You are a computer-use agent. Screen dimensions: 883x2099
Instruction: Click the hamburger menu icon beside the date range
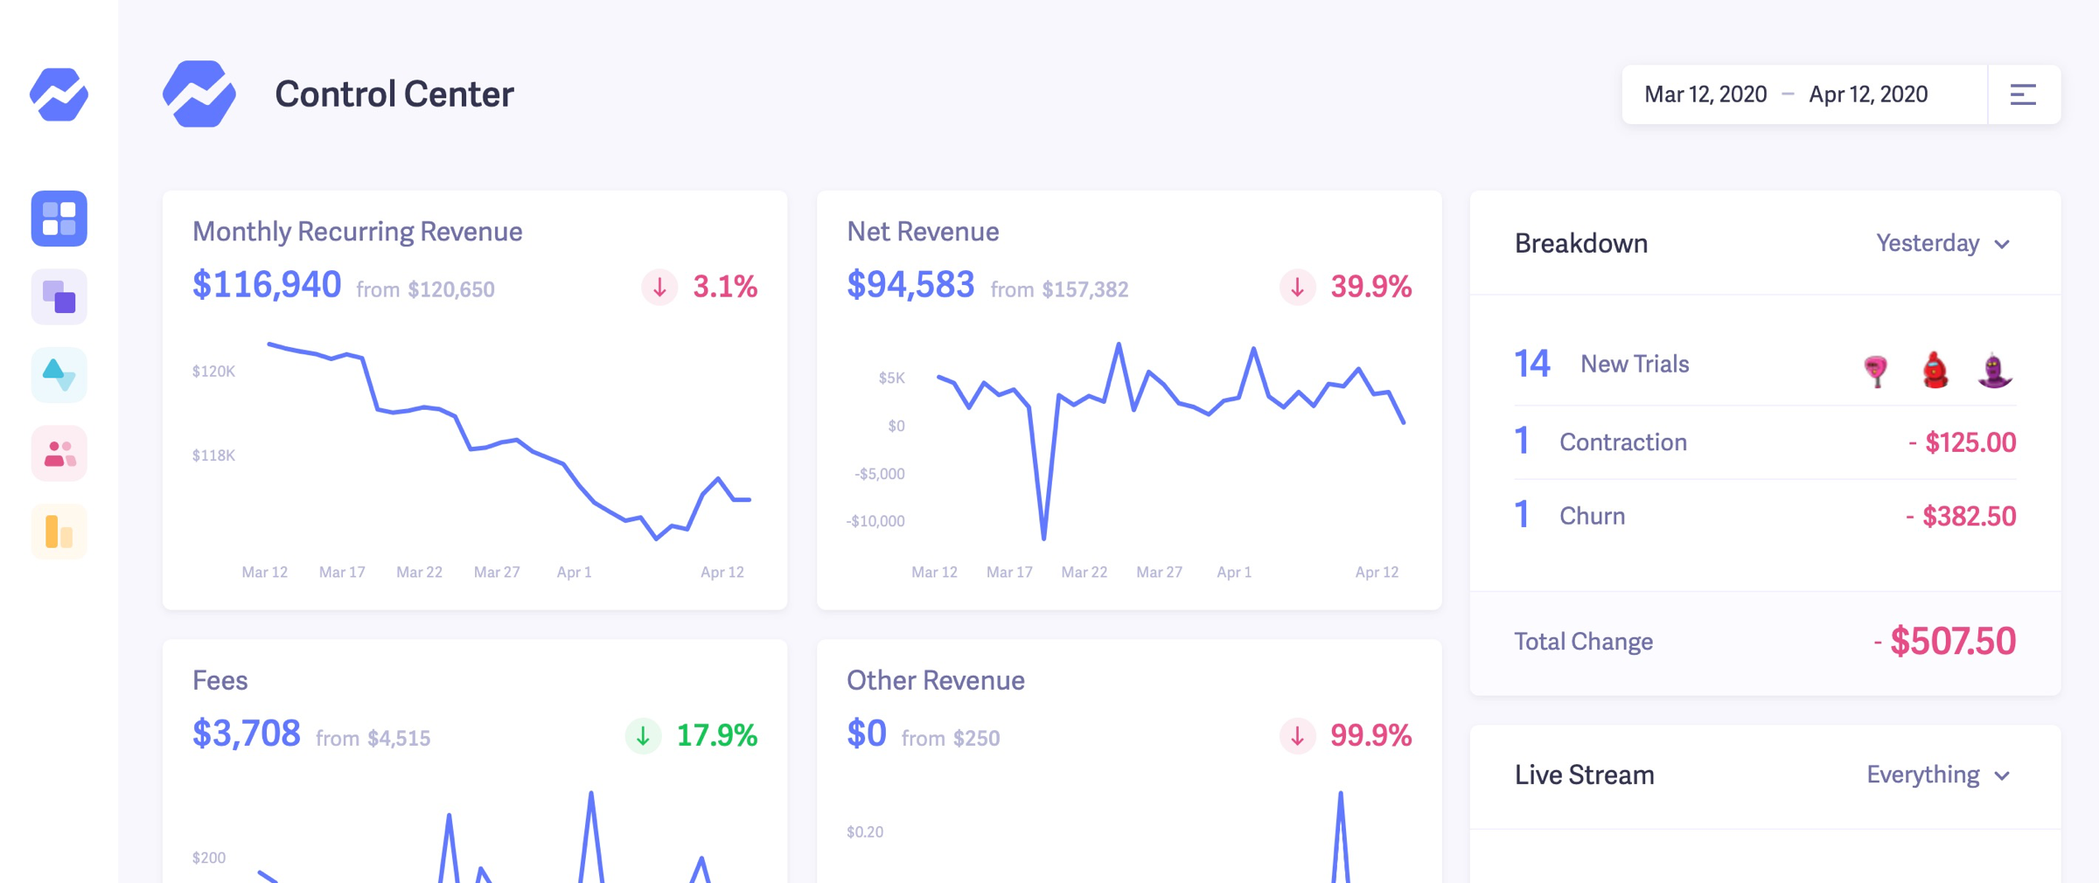coord(2023,94)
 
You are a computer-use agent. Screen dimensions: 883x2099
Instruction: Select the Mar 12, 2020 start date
coord(1705,94)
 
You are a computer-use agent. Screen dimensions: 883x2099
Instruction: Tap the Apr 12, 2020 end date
coord(1868,94)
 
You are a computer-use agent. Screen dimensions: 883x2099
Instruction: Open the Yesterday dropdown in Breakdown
coord(1942,243)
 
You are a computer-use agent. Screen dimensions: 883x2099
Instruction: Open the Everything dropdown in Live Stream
coord(1937,775)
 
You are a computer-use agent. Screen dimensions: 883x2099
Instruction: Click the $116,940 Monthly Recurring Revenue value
coord(267,285)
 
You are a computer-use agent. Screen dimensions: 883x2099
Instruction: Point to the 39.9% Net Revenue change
coord(1370,287)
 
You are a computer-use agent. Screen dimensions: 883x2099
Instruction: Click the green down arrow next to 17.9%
coord(643,735)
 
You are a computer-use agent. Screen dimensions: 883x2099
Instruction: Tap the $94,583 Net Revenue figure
coord(910,285)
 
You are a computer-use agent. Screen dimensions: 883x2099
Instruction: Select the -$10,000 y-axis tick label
coord(875,521)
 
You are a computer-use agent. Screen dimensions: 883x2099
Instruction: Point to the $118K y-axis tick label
coord(213,455)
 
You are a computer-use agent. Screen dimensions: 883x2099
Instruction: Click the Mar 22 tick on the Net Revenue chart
coord(1084,572)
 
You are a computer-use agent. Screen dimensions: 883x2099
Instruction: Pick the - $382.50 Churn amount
coord(1961,516)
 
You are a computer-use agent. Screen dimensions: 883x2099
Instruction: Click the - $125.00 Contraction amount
coord(1962,442)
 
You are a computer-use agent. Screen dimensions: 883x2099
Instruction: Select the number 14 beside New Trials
coord(1532,364)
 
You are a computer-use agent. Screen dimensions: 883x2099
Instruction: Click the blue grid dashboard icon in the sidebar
coord(59,218)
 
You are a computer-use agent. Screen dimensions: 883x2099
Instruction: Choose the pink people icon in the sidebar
coord(59,454)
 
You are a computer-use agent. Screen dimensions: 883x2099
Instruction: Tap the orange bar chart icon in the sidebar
coord(59,532)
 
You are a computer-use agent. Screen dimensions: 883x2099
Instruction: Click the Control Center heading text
coord(394,94)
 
